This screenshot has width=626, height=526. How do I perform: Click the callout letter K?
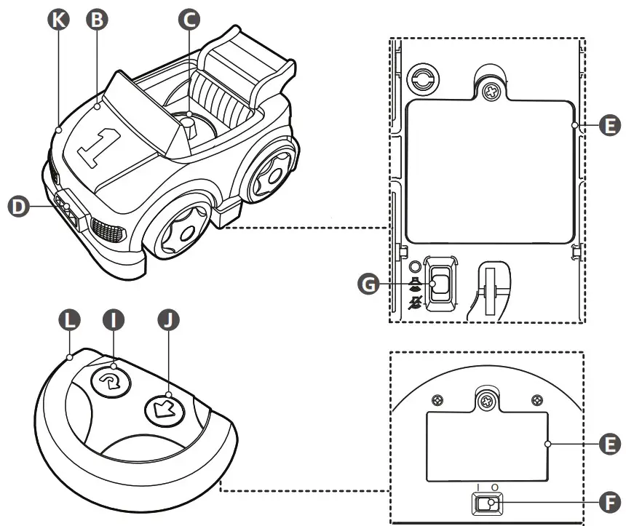[58, 20]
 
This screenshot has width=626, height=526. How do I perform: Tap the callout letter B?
[96, 20]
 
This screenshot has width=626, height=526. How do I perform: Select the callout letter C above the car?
[189, 20]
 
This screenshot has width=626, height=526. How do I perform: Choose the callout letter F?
[609, 502]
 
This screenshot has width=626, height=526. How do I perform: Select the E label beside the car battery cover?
[609, 126]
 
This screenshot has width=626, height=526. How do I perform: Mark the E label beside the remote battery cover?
[609, 442]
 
